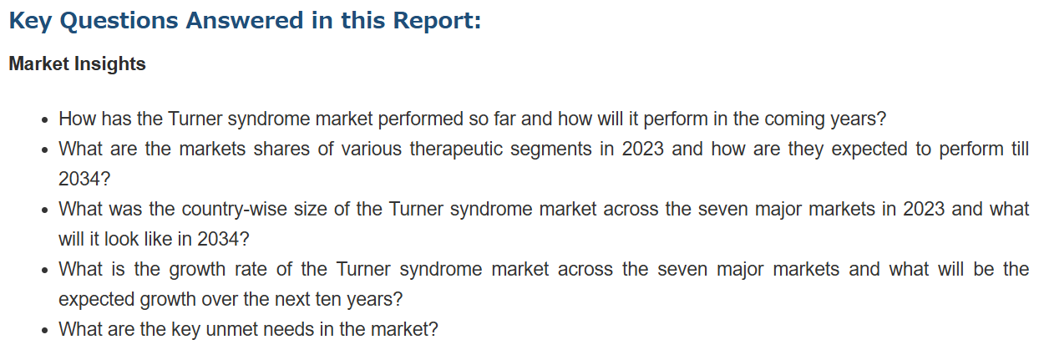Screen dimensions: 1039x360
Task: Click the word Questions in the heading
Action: coord(119,22)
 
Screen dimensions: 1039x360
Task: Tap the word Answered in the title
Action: coord(245,20)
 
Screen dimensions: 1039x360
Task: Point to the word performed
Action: coord(420,119)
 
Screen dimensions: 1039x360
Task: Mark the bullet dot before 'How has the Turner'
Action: coord(44,120)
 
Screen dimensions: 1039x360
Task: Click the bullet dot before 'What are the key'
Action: coord(44,331)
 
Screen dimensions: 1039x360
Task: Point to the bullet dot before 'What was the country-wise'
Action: coord(44,210)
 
